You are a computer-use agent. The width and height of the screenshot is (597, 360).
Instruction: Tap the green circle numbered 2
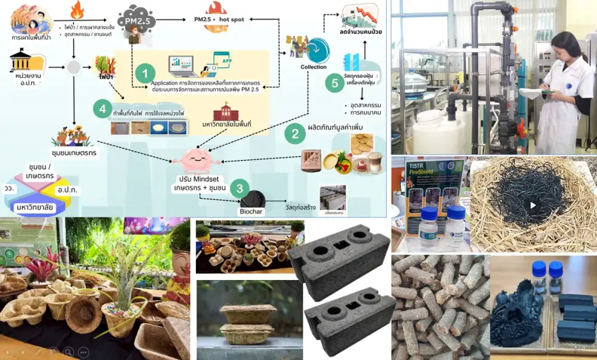(x=294, y=133)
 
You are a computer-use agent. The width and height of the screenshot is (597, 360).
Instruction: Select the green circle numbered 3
(x=239, y=189)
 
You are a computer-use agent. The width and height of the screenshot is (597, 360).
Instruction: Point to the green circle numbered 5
(x=334, y=84)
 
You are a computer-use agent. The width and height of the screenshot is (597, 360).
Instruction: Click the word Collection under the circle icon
(x=313, y=67)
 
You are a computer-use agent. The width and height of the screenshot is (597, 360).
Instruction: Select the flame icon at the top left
(x=77, y=10)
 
